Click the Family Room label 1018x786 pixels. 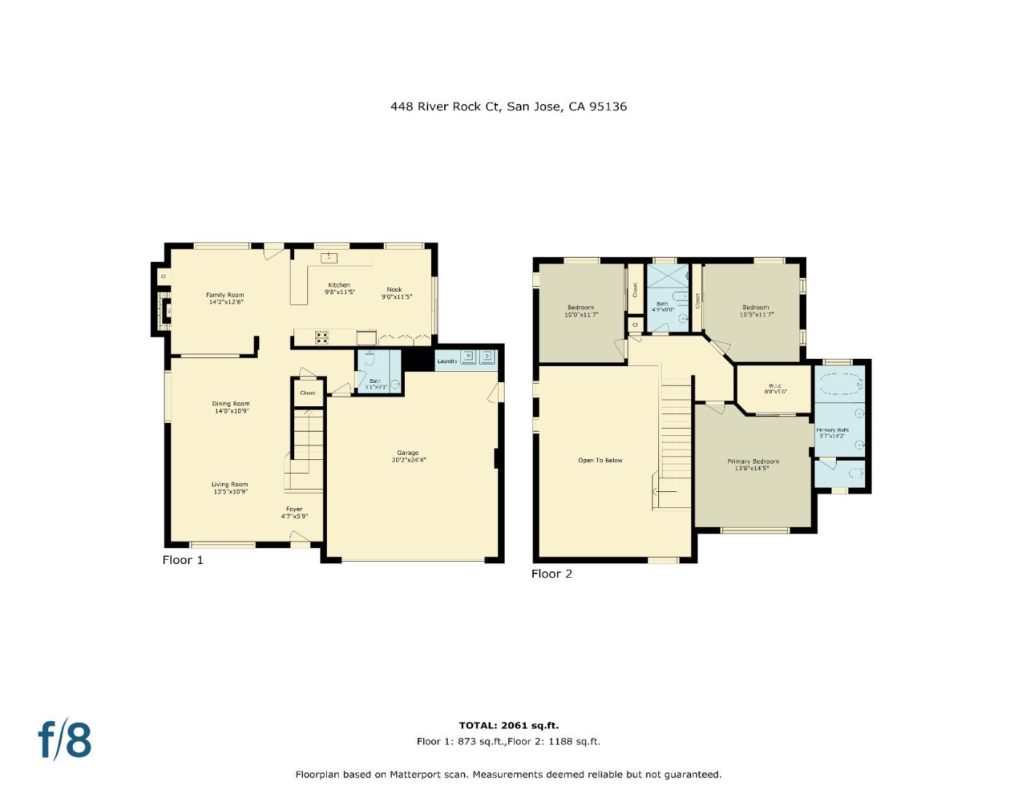tap(225, 295)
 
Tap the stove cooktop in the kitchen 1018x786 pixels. tap(321, 338)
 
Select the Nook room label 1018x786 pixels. tap(394, 290)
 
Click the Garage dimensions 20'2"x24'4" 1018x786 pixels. tap(408, 460)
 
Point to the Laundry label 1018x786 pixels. tap(446, 361)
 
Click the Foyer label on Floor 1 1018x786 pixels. tap(294, 509)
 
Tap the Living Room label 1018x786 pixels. tap(230, 485)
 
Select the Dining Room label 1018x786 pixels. tap(231, 404)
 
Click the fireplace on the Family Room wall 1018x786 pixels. tap(165, 311)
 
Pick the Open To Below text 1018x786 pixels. tap(600, 460)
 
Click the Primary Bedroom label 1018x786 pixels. tap(753, 461)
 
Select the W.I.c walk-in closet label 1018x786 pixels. tap(775, 386)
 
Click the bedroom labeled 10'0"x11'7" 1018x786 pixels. tap(580, 311)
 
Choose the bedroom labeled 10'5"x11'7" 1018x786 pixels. tap(755, 311)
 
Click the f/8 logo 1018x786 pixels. tap(66, 739)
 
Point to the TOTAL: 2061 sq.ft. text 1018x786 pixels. tap(508, 726)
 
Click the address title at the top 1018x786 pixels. tap(508, 106)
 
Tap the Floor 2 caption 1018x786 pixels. tap(551, 573)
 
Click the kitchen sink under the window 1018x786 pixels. tap(329, 257)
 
